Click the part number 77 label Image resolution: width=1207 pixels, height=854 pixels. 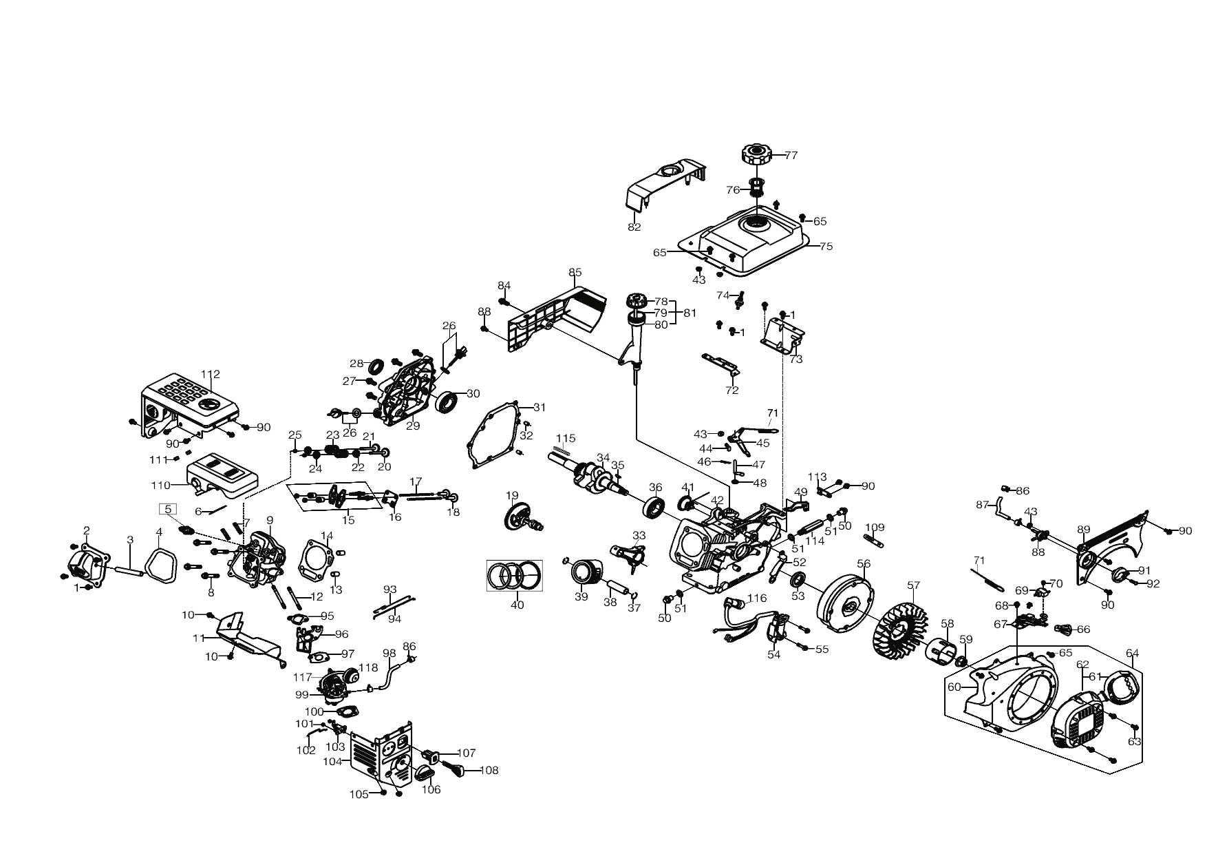pyautogui.click(x=791, y=156)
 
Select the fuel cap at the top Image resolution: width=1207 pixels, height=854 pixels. pyautogui.click(x=758, y=154)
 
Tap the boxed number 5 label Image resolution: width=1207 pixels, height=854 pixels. pyautogui.click(x=168, y=509)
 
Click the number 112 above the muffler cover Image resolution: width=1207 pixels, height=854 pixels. pyautogui.click(x=210, y=375)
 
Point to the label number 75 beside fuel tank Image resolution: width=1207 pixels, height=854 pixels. pyautogui.click(x=826, y=246)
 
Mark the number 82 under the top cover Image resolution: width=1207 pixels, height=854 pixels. pyautogui.click(x=634, y=227)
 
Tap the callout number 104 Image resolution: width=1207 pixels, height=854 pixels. pyautogui.click(x=332, y=762)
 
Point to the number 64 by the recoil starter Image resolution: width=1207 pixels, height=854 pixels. pyautogui.click(x=1132, y=654)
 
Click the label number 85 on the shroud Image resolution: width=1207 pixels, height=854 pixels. pyautogui.click(x=575, y=272)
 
